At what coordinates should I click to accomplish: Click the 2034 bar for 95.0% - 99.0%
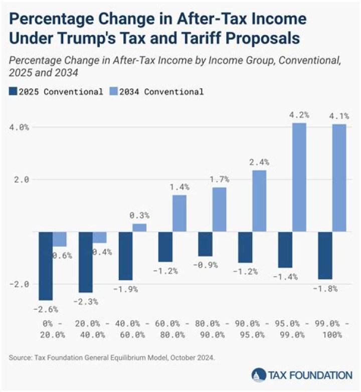tap(299, 177)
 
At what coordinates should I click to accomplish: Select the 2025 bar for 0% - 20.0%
tap(46, 266)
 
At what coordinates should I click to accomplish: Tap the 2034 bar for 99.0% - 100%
tap(339, 177)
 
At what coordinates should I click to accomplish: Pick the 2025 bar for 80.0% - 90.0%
tap(206, 244)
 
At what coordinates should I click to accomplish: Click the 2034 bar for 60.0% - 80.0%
tap(179, 213)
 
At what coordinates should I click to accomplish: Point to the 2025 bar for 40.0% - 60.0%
tap(125, 256)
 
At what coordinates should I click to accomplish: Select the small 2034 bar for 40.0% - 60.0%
tap(139, 228)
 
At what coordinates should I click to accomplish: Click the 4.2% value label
tap(299, 115)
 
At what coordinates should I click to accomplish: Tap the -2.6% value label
tap(46, 309)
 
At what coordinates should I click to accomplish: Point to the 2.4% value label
tap(259, 162)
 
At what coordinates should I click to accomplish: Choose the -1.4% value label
tap(285, 276)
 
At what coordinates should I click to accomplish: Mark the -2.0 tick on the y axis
tap(20, 284)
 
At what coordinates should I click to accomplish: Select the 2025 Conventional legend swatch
tap(13, 92)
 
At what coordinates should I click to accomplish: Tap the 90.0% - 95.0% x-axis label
tap(246, 329)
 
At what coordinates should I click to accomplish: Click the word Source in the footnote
tap(20, 357)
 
